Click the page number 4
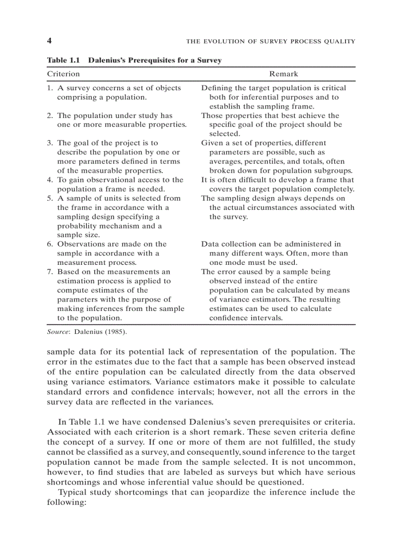click(49, 41)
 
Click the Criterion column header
click(63, 74)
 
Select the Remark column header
click(283, 74)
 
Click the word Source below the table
click(57, 331)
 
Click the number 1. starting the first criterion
click(50, 88)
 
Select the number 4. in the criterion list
click(50, 180)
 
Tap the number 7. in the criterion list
click(50, 272)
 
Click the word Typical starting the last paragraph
click(73, 492)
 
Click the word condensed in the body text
click(162, 422)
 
